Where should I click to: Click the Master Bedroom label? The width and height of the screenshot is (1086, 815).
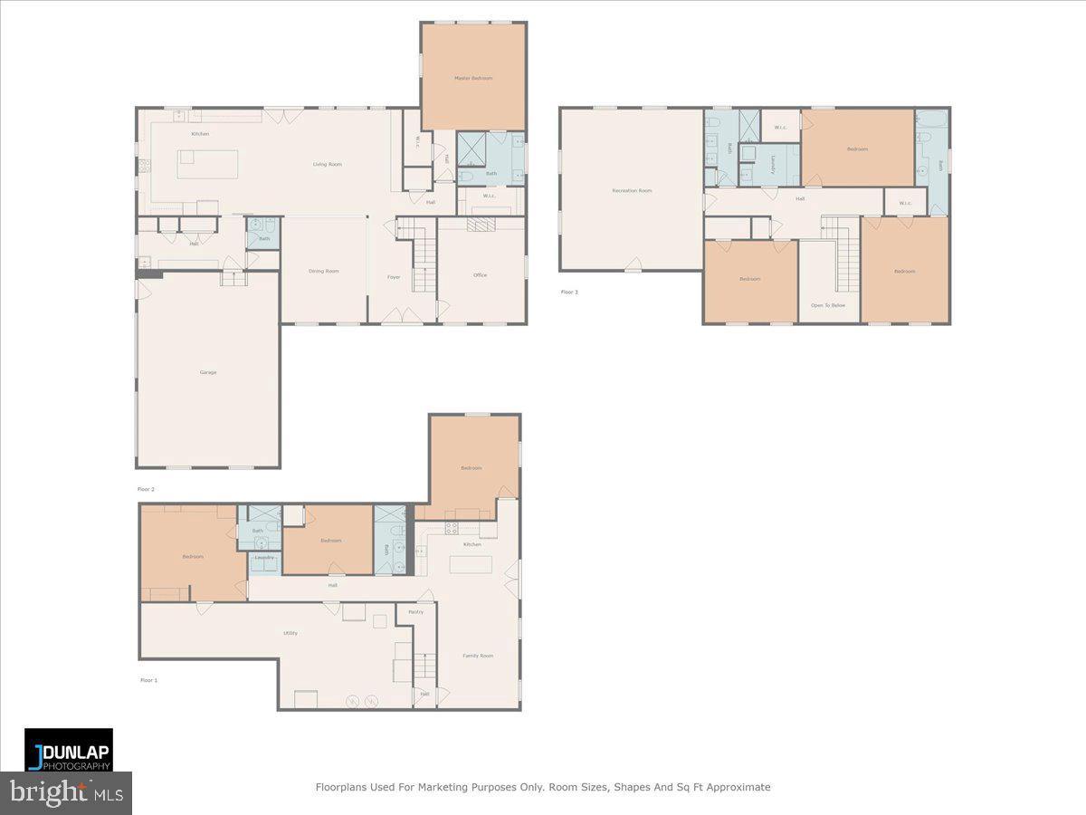[x=473, y=79]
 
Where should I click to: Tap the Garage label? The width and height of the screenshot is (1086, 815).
[x=208, y=372]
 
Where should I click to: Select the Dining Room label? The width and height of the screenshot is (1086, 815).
[x=324, y=271]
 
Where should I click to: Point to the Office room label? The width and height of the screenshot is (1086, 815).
[x=480, y=275]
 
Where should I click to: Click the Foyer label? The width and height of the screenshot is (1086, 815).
[x=394, y=277]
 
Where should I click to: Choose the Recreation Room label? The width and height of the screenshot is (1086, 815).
[x=632, y=191]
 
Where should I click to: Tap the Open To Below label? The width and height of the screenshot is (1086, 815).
[x=828, y=305]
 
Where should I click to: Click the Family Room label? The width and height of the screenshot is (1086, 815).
[x=478, y=656]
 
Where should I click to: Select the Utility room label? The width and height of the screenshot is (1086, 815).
[x=291, y=633]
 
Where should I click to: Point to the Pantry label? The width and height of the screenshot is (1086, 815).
[x=415, y=612]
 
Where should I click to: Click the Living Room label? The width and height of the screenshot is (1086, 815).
[x=327, y=165]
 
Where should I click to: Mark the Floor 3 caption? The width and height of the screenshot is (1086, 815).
[x=569, y=292]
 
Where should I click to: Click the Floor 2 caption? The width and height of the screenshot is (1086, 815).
[x=147, y=489]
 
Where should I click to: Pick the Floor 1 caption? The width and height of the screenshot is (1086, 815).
[x=148, y=680]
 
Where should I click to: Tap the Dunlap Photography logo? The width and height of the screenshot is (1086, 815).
[x=69, y=750]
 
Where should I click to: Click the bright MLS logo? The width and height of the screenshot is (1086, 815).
[x=66, y=793]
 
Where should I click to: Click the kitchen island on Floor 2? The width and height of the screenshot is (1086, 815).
[x=209, y=165]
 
